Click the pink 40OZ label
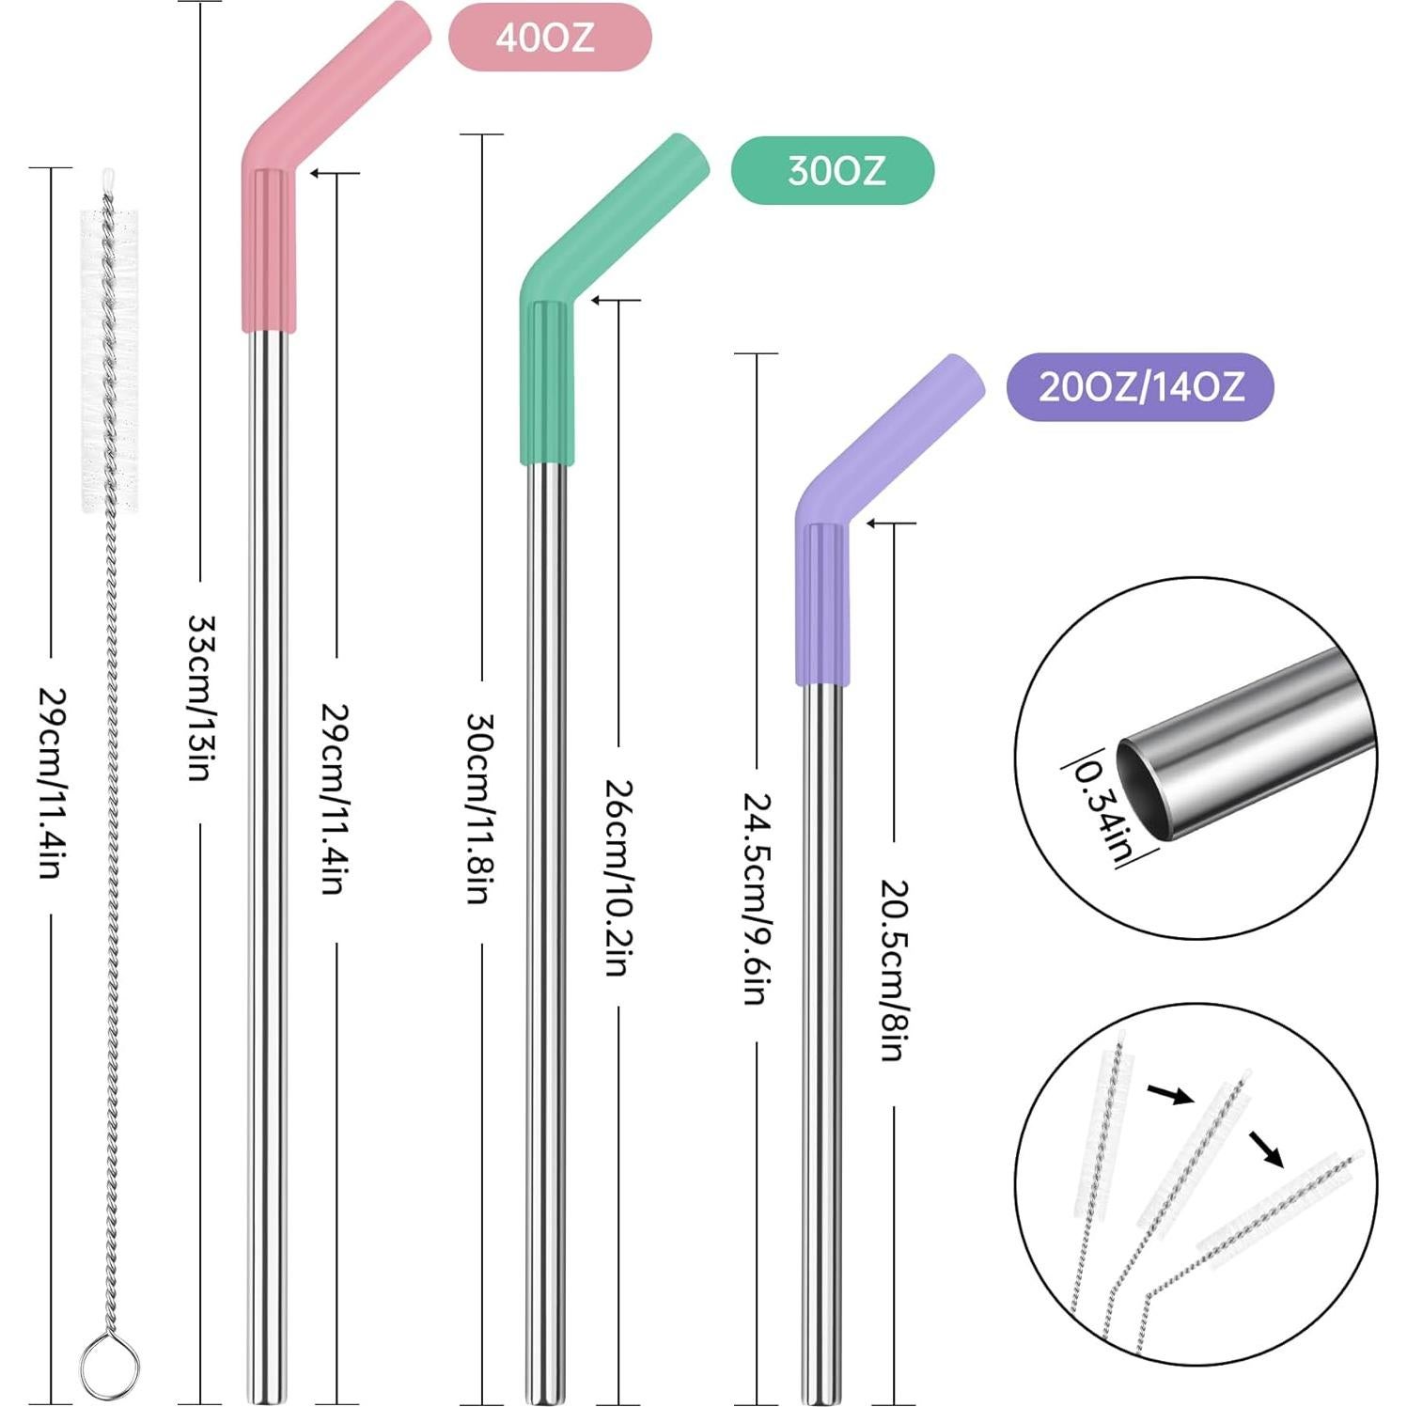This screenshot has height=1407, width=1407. tap(549, 37)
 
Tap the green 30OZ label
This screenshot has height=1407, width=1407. tap(833, 170)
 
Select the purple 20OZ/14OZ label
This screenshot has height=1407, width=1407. tap(1139, 386)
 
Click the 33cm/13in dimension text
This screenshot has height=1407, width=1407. tap(201, 697)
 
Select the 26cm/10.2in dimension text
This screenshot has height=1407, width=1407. tap(618, 877)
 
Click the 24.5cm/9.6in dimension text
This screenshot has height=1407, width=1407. tap(758, 899)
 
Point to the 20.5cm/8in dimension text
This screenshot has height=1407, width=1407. tap(893, 970)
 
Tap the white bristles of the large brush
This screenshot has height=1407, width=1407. tap(110, 362)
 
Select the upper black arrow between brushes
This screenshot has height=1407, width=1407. tap(1169, 1094)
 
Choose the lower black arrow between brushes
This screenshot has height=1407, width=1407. tap(1266, 1149)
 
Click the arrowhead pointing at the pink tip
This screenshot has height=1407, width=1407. tap(316, 173)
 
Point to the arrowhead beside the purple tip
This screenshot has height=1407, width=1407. tap(872, 523)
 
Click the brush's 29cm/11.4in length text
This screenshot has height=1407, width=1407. tap(51, 783)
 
